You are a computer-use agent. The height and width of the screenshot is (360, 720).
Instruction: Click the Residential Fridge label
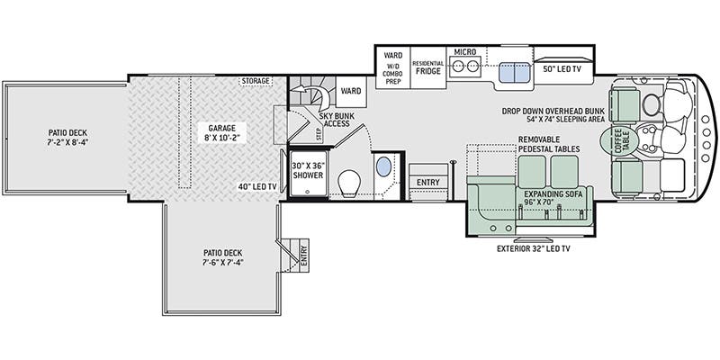[427, 68]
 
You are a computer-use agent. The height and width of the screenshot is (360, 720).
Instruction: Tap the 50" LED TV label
[562, 68]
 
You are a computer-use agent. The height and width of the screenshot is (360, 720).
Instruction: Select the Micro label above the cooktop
[464, 52]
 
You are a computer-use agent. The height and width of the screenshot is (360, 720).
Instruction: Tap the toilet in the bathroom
[350, 184]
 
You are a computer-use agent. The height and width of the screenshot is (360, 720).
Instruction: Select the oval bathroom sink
[383, 166]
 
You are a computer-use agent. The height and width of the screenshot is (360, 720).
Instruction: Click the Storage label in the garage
[256, 82]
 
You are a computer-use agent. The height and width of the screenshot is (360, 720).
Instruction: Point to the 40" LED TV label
[256, 186]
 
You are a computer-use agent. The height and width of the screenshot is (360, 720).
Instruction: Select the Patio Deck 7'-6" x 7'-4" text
[223, 257]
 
